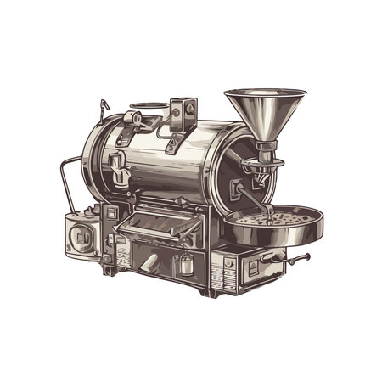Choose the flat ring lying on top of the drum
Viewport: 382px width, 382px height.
146,110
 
